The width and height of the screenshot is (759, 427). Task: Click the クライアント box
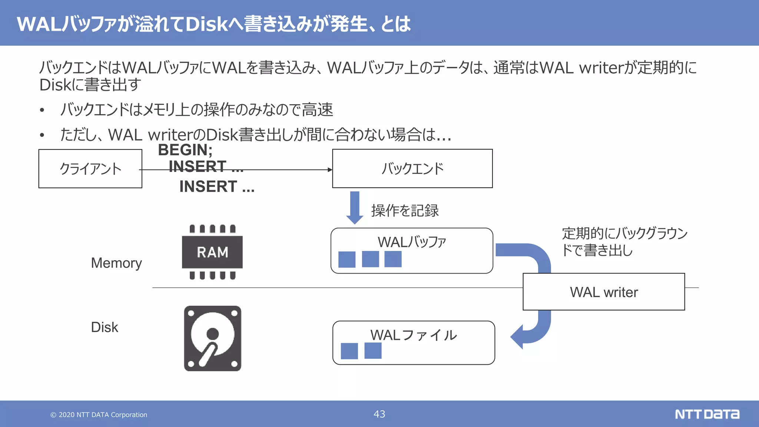pos(90,169)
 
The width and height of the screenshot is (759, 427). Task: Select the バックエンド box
pos(412,169)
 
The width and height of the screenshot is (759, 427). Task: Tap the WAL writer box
pos(603,292)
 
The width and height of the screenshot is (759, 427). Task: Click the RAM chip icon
pos(212,252)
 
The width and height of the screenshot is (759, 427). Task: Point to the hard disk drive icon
pos(212,338)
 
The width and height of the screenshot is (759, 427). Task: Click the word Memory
pos(116,263)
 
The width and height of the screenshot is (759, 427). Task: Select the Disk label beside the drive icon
pos(105,327)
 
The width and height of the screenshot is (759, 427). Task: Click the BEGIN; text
pos(185,150)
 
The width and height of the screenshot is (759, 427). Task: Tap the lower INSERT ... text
pos(217,186)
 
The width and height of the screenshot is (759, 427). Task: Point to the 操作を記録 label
pos(405,211)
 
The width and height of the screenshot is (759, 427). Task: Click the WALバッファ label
pos(411,242)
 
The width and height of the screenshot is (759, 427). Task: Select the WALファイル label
pos(413,335)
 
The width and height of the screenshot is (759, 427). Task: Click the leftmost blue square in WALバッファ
pos(347,259)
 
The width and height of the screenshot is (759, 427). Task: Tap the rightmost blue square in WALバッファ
pos(393,259)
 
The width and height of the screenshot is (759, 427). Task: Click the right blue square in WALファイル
pos(373,351)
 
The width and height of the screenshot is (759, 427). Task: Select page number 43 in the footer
pos(379,414)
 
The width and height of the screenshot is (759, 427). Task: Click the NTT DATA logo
pos(707,414)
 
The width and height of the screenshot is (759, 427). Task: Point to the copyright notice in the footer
pos(99,415)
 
